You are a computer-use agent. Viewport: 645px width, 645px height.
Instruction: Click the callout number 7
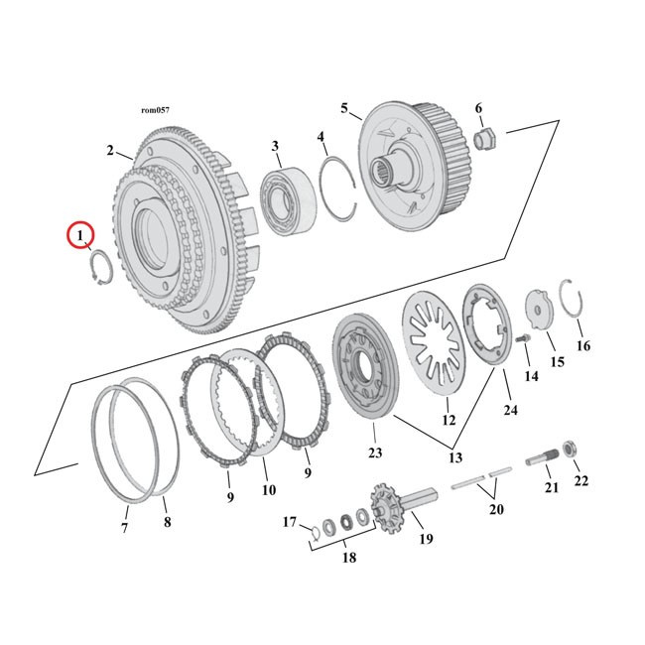click(x=125, y=529)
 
